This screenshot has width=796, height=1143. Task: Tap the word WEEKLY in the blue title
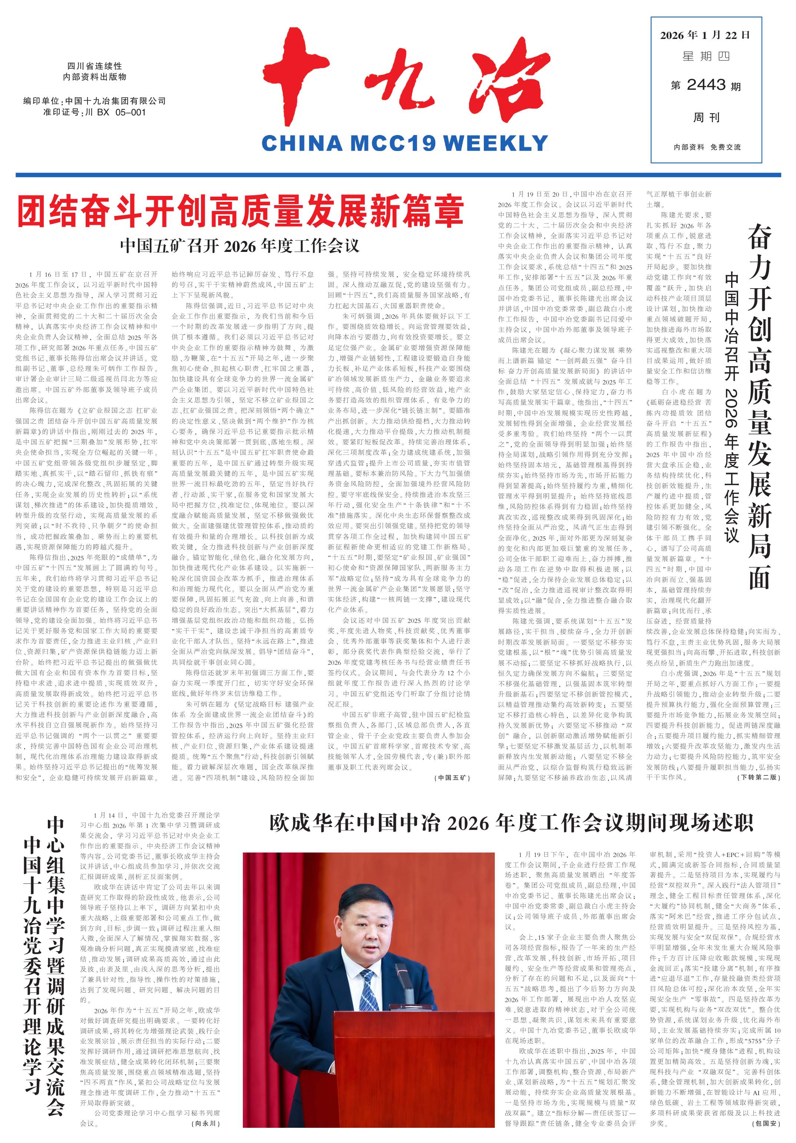point(495,143)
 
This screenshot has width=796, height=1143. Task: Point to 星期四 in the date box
point(706,57)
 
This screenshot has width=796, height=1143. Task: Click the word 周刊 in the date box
point(706,118)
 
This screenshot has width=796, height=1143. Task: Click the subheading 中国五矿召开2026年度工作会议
point(240,246)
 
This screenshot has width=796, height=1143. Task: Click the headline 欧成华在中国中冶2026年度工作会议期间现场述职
point(511,824)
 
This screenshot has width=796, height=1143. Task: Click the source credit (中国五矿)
point(453,777)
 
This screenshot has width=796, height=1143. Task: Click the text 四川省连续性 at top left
point(95,66)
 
